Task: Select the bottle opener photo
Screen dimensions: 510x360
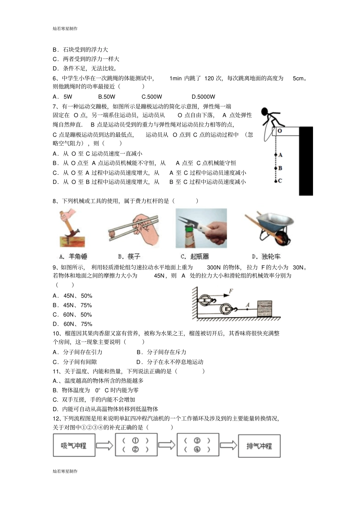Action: [201, 228]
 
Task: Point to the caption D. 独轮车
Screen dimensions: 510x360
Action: [266, 257]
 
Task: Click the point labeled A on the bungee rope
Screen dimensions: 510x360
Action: [276, 155]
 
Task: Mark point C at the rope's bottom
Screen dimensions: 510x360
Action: [276, 181]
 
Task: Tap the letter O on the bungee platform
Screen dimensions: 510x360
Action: [279, 131]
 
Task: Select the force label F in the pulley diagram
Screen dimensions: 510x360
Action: [231, 291]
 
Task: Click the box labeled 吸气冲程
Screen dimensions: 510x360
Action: [74, 446]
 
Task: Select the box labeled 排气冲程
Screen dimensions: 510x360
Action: [259, 446]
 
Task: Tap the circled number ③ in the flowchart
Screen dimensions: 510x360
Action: [197, 441]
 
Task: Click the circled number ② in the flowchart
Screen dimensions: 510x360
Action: [135, 450]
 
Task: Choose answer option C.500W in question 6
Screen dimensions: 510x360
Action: [152, 97]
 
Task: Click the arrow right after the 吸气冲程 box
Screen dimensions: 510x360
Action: [104, 445]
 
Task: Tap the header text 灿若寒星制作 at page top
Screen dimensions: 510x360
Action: [65, 28]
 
